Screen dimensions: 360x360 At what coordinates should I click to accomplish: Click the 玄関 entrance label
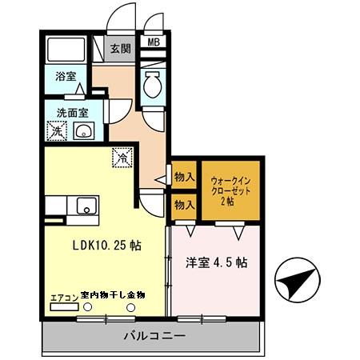coord(120,48)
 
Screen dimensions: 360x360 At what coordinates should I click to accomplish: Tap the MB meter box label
coord(152,42)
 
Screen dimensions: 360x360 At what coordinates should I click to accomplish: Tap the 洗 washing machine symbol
coord(56,130)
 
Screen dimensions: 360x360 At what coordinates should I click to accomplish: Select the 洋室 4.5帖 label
coord(216,262)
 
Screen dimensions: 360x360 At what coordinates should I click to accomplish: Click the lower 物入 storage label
coord(183,206)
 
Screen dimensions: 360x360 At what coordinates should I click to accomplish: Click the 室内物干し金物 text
coord(114,295)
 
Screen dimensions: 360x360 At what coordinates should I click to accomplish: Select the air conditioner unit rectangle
coord(64,306)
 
